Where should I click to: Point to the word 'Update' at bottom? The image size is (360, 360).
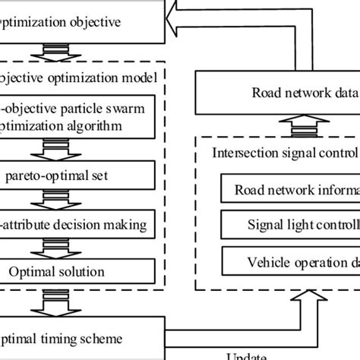pyautogui.click(x=247, y=355)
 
